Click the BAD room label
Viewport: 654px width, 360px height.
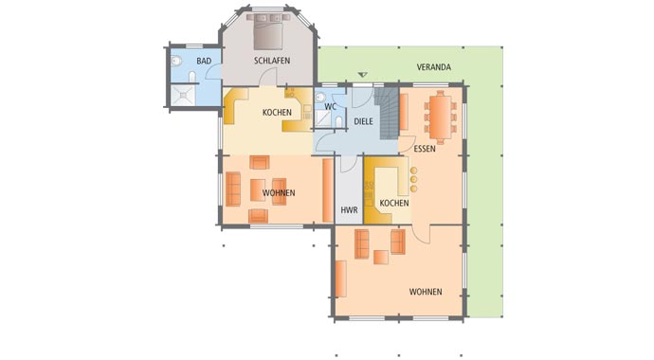click(x=204, y=61)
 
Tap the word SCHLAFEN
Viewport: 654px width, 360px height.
click(x=271, y=61)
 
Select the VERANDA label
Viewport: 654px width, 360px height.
click(x=433, y=67)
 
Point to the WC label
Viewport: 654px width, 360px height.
click(x=330, y=106)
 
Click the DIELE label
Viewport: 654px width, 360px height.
click(x=364, y=121)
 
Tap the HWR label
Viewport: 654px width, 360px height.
click(x=348, y=208)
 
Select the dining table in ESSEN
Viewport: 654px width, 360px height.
click(x=440, y=115)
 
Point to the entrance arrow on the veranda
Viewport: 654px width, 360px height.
click(x=361, y=75)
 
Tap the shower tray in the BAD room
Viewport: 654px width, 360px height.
click(x=181, y=92)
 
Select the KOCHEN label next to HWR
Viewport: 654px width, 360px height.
click(x=393, y=204)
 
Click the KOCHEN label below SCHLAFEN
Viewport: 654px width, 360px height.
click(x=277, y=113)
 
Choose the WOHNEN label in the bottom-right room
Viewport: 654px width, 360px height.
click(x=426, y=292)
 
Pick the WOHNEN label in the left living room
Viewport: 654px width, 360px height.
click(x=279, y=192)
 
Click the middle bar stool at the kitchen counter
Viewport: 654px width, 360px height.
click(x=413, y=177)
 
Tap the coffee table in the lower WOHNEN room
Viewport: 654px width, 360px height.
click(x=380, y=256)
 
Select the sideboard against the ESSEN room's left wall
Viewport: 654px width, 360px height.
click(x=404, y=111)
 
